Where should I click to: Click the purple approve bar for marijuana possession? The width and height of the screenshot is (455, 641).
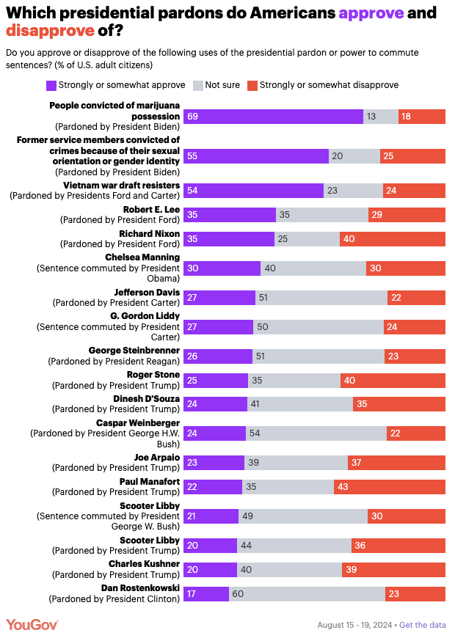273,116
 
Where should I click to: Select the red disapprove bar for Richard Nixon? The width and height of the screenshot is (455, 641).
393,238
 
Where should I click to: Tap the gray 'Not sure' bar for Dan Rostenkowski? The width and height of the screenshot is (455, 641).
307,593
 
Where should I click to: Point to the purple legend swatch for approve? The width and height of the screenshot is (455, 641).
51,85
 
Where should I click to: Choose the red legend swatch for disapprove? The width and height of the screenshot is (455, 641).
252,85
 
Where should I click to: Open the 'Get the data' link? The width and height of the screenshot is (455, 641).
422,625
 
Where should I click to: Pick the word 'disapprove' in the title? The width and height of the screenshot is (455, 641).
49,31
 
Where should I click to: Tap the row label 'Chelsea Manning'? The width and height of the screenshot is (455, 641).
142,257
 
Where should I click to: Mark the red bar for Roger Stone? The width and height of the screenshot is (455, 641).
393,380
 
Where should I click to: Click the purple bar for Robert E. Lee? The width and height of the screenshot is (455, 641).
229,214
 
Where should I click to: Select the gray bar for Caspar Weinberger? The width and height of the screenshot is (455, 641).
316,433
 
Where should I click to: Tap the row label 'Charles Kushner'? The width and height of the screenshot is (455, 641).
144,563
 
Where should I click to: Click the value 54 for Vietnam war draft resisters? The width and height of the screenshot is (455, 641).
194,190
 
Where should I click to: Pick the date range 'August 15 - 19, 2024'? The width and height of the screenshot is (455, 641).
354,625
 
